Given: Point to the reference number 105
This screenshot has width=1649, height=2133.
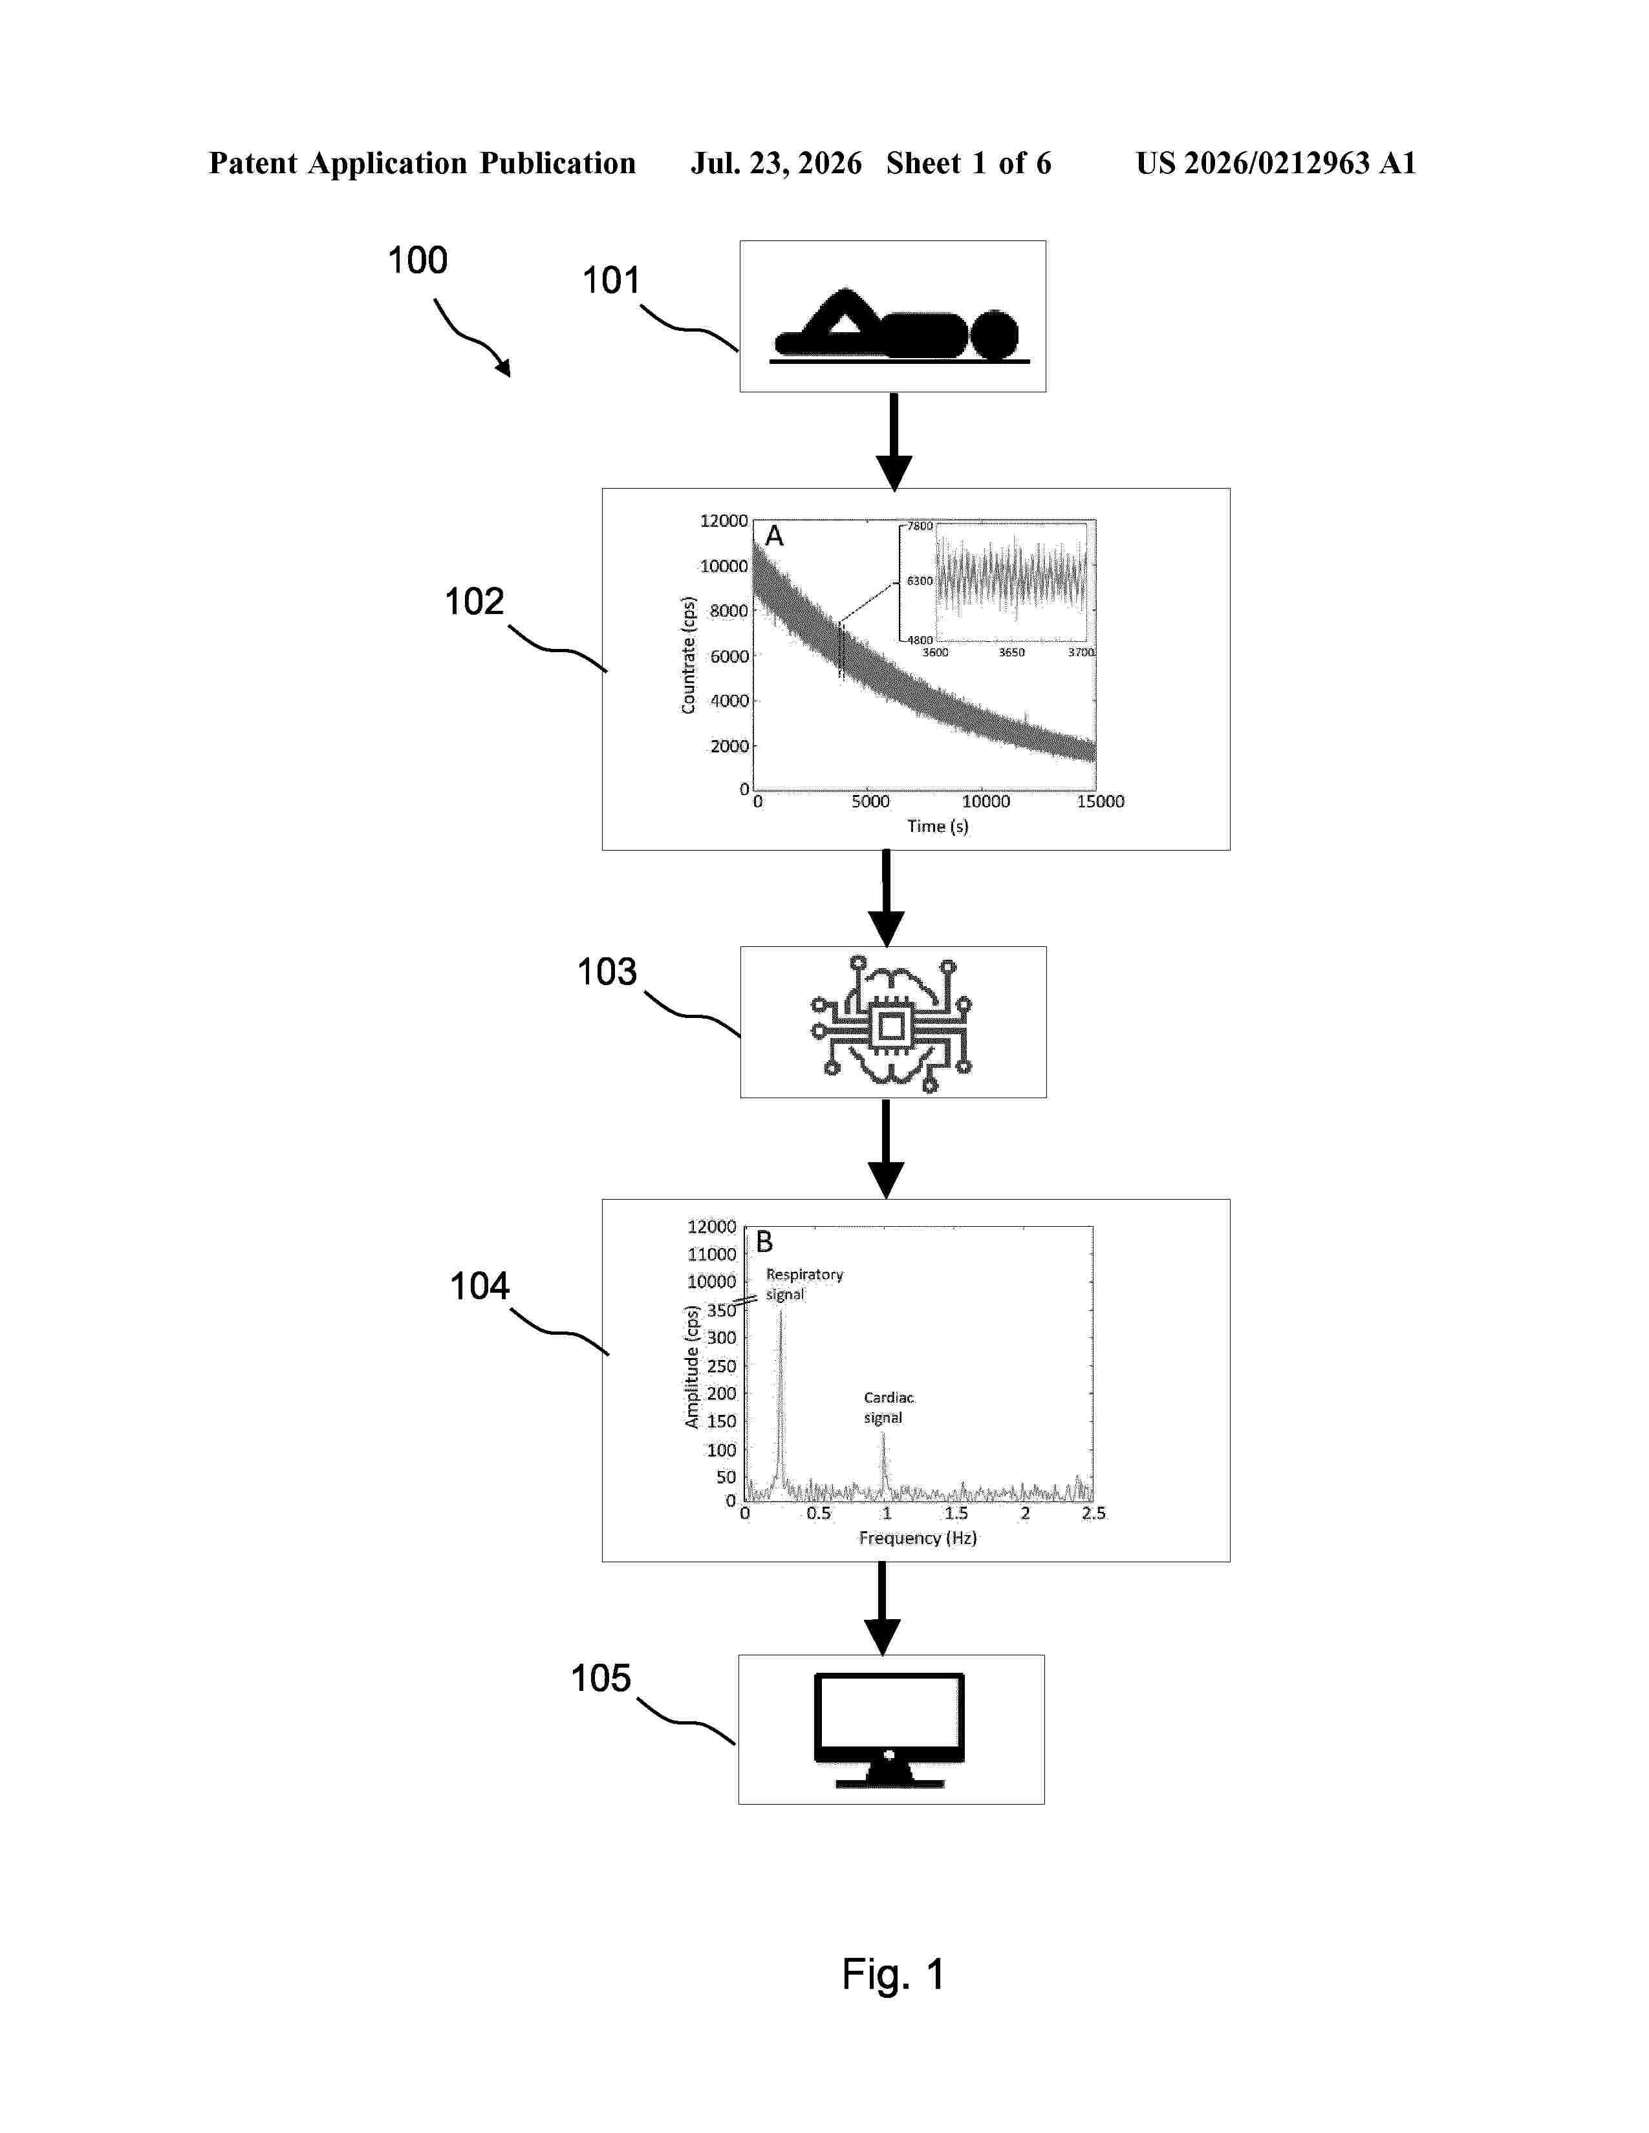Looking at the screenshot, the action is click(x=601, y=1679).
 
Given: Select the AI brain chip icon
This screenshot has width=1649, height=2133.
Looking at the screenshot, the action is click(x=891, y=1024).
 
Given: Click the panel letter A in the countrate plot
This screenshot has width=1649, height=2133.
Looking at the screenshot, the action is click(x=773, y=535).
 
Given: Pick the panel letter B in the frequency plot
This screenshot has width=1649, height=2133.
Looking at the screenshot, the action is click(x=764, y=1241).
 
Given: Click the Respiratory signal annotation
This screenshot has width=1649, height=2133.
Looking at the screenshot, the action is click(x=803, y=1284).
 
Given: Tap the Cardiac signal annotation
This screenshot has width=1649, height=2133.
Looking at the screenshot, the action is click(x=888, y=1407).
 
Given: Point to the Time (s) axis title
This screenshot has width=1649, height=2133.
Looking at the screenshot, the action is click(x=938, y=826).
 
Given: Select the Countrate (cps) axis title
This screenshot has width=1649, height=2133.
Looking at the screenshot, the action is click(x=689, y=655).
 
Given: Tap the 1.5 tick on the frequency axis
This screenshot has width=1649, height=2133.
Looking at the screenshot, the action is click(x=955, y=1513).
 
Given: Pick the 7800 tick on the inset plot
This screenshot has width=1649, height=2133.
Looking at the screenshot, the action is click(x=920, y=525).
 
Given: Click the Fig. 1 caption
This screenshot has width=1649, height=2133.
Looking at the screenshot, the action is click(x=893, y=1974).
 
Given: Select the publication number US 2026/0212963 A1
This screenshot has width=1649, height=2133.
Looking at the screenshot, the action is click(x=1276, y=163).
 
